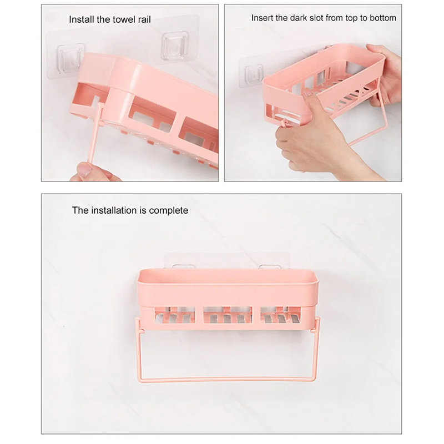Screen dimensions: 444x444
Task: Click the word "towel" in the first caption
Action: point(124,19)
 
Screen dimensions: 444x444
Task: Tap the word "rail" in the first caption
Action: point(144,19)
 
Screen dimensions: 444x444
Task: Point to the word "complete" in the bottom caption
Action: point(169,211)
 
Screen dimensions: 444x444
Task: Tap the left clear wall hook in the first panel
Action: point(70,58)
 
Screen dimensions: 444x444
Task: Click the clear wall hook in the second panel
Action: point(254,74)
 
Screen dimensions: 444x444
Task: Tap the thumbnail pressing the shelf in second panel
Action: point(307,92)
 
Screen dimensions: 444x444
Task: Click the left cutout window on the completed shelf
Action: point(175,315)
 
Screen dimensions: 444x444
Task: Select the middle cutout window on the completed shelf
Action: point(228,315)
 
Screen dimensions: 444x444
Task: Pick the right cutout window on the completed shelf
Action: point(280,315)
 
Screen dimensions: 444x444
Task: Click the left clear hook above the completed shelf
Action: point(184,267)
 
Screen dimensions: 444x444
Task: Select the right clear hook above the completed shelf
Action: point(270,267)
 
